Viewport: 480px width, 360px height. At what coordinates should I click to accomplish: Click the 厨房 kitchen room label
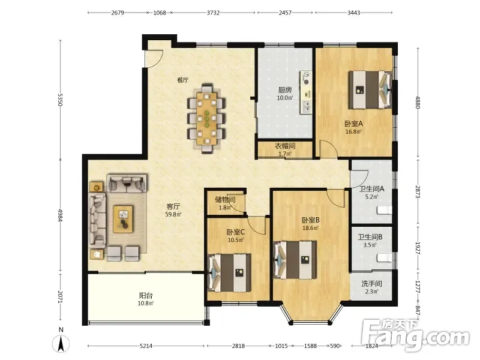[284, 90]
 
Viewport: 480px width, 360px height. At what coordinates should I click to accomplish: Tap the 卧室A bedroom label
[353, 124]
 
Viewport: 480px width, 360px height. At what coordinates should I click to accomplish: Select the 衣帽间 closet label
[285, 146]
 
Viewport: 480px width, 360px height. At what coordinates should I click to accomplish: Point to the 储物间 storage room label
[225, 200]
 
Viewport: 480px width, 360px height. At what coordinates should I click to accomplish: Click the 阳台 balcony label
[146, 295]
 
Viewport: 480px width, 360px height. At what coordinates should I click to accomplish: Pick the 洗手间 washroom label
[371, 284]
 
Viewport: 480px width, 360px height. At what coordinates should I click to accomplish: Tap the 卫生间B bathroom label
[370, 237]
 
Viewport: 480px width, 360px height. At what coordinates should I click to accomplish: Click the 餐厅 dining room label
[183, 80]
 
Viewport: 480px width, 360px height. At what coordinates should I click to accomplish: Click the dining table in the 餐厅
[206, 118]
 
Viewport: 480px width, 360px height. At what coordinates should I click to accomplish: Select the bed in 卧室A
[370, 89]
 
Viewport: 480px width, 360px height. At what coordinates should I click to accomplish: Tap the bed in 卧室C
[229, 272]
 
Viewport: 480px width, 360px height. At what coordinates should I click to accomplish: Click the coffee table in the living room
[123, 219]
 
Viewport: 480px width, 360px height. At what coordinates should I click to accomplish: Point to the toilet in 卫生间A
[384, 211]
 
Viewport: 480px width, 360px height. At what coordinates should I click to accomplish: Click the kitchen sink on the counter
[306, 106]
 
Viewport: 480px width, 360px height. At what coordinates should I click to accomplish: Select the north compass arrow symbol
[61, 343]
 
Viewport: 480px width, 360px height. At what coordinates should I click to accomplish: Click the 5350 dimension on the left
[61, 100]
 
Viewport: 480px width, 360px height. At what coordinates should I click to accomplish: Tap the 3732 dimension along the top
[213, 13]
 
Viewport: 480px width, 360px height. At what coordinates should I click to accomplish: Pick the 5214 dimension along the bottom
[146, 346]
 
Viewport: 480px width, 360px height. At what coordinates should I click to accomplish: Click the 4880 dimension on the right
[418, 103]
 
